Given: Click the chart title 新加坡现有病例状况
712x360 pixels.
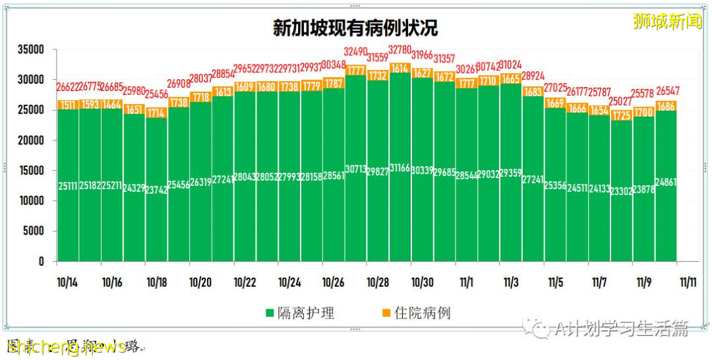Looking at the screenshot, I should (x=355, y=28).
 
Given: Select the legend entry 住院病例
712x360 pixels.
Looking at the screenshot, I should (x=415, y=313).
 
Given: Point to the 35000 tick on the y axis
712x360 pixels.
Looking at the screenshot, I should (x=31, y=49).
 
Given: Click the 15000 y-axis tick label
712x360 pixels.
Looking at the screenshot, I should (x=31, y=171).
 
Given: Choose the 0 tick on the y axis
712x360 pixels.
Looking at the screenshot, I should (x=41, y=262).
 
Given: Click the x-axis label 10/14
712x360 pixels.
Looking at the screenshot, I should (x=67, y=282).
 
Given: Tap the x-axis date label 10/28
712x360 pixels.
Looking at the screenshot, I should (x=378, y=282).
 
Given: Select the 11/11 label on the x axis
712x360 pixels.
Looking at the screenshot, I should (x=688, y=282).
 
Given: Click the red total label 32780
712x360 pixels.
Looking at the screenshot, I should (x=400, y=50).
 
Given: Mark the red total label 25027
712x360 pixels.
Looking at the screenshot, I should (x=621, y=102).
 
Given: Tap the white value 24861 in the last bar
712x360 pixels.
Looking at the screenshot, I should (x=666, y=183).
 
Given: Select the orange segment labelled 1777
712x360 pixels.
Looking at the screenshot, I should (x=356, y=70).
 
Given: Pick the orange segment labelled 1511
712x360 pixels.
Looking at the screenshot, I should (x=67, y=105).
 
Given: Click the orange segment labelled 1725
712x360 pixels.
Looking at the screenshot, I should (x=621, y=115).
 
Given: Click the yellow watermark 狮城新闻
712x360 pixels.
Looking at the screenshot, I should (x=667, y=22).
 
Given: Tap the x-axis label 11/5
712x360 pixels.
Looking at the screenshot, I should (x=555, y=282).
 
